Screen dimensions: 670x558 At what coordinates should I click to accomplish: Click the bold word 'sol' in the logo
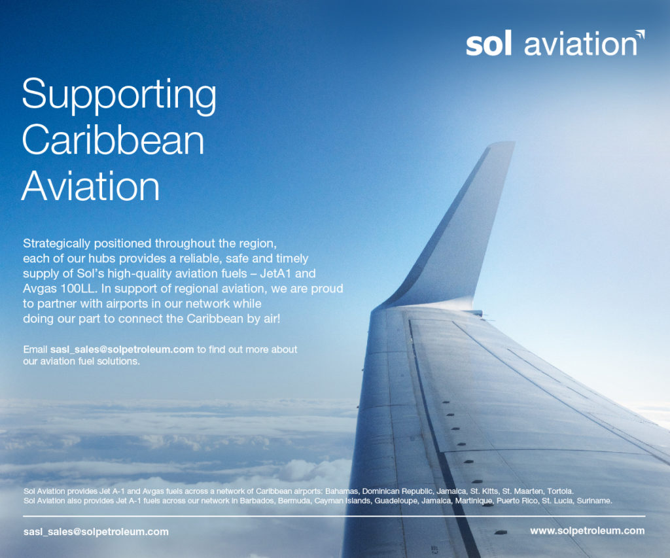point(488,44)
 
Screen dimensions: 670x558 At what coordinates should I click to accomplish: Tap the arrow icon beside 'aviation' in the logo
point(640,35)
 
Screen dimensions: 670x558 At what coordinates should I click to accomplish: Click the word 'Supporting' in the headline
point(119,96)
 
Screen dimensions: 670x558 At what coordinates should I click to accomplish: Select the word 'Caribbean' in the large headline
point(113,139)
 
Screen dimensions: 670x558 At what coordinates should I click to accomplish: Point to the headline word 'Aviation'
point(90,186)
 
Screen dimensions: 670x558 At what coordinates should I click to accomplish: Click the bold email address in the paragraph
point(122,349)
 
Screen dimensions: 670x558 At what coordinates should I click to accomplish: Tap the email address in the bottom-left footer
point(96,532)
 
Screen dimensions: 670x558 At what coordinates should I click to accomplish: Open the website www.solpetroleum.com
point(587,531)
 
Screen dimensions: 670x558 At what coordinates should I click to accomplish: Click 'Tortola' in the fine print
point(560,491)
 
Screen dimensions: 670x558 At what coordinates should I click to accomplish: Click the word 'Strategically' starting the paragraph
point(57,243)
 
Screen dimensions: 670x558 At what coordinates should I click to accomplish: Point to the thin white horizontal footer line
point(334,516)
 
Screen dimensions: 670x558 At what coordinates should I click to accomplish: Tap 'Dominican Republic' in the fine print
point(397,491)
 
